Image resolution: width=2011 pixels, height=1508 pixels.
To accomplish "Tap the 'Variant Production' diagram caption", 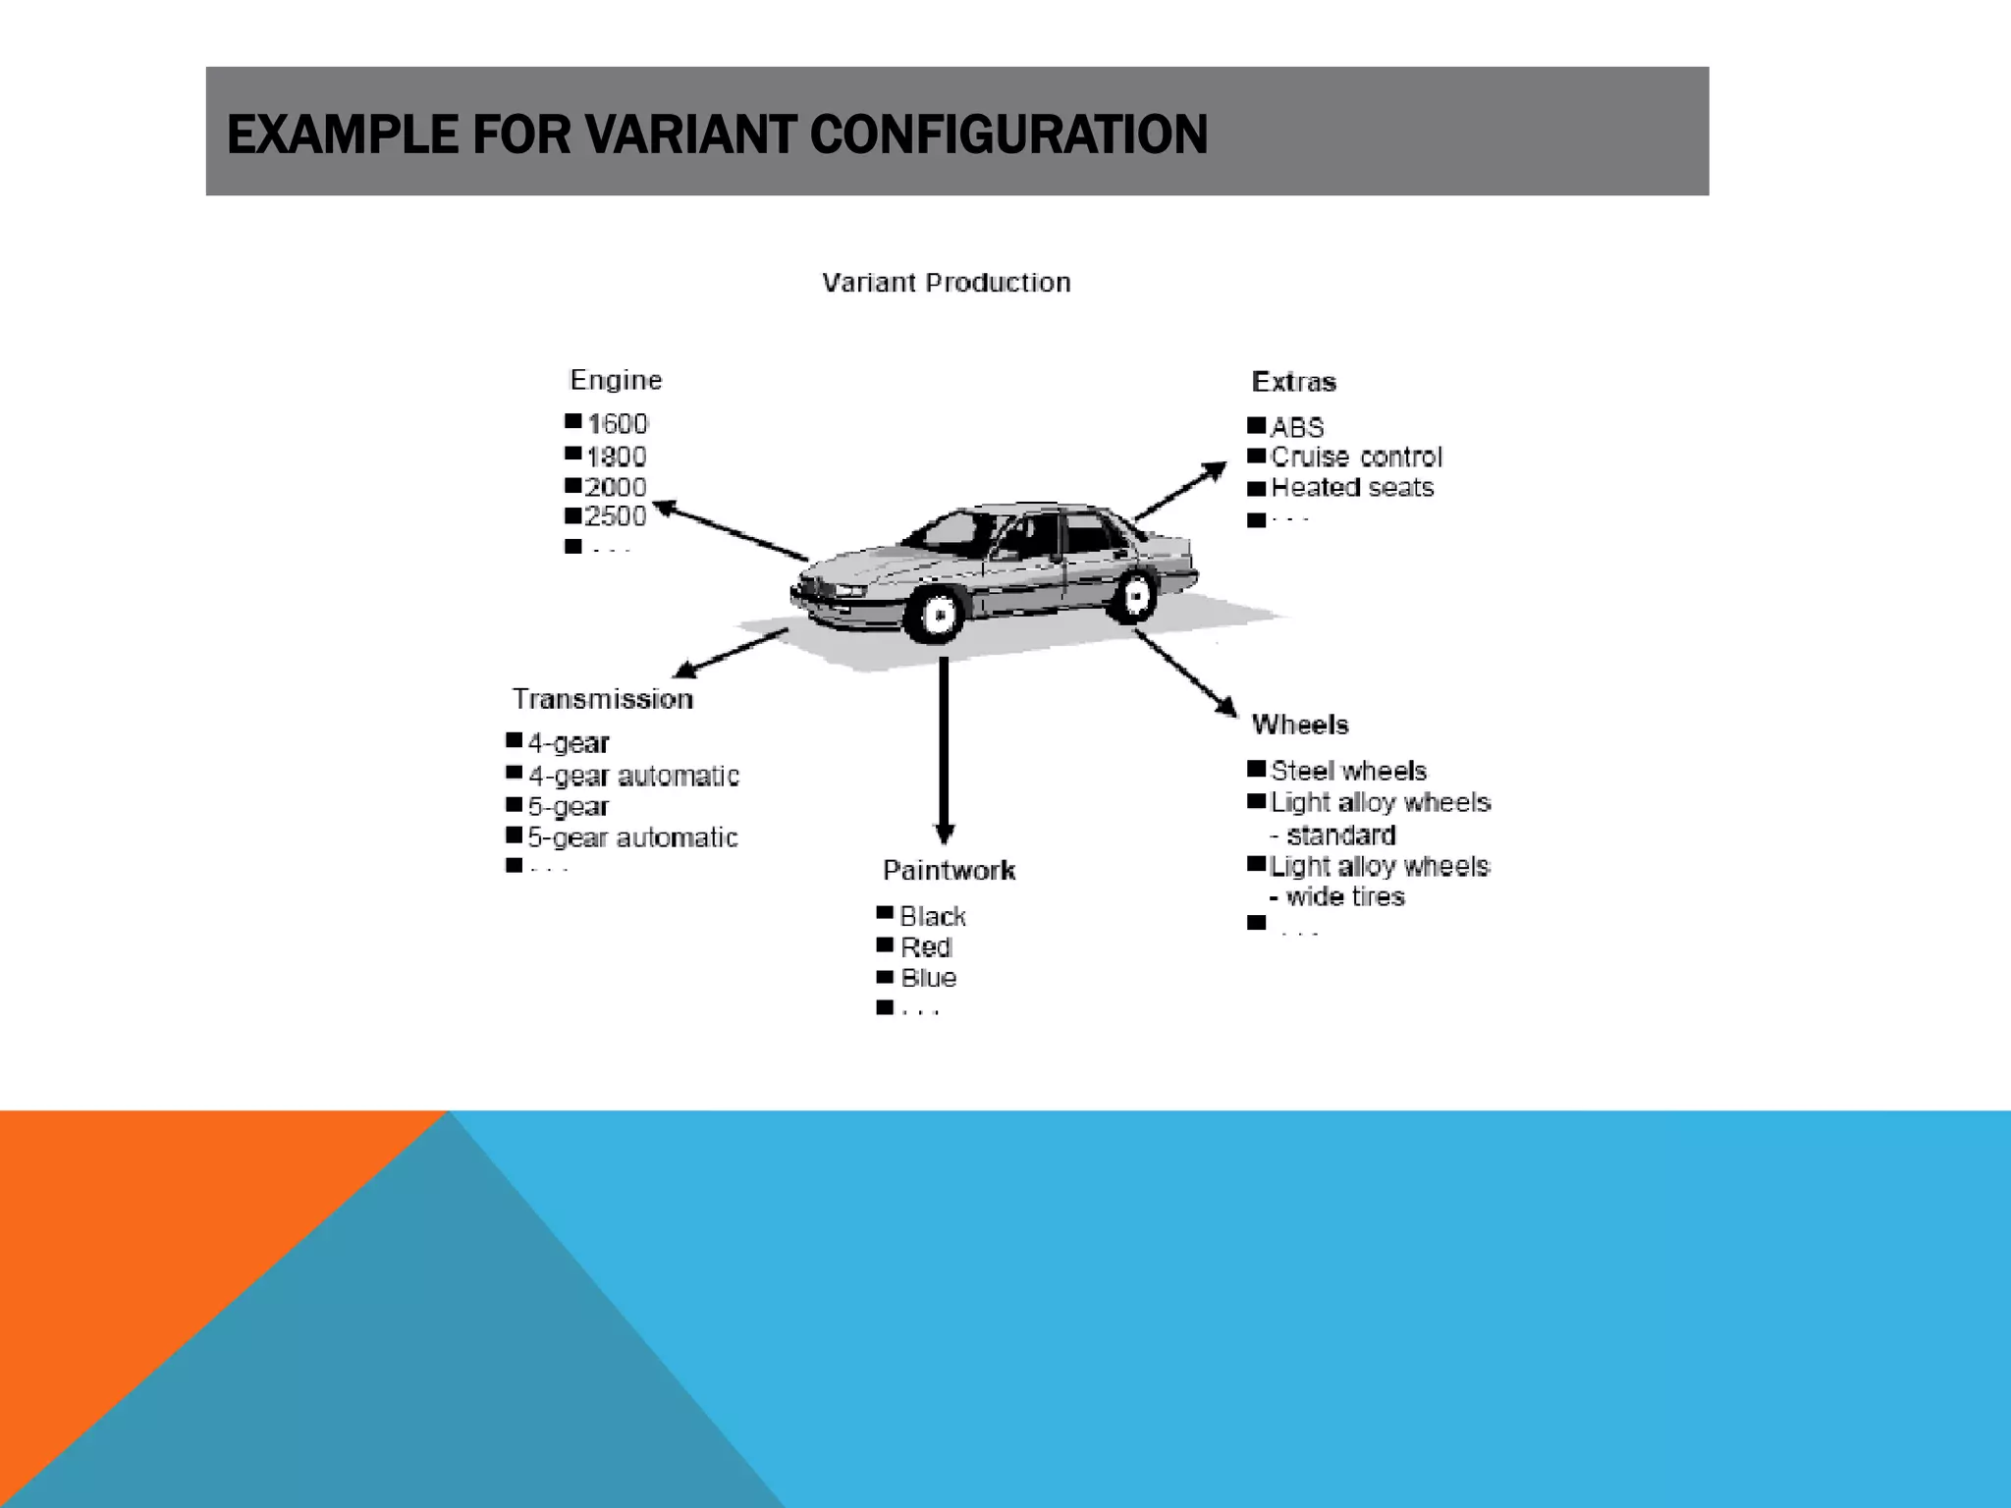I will [946, 283].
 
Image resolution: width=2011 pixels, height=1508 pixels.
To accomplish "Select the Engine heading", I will [616, 380].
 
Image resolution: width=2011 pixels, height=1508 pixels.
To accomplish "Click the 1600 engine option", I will [618, 424].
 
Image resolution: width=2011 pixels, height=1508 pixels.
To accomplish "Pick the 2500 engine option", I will [616, 516].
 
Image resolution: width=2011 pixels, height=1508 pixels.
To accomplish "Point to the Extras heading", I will [1293, 382].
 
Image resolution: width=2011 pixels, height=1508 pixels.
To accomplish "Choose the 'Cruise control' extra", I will [1356, 457].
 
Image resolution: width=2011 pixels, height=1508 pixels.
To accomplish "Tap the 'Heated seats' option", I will [1351, 488].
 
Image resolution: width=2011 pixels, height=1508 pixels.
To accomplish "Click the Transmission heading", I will [602, 699].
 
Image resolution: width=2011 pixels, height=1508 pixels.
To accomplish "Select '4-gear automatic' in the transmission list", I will [633, 776].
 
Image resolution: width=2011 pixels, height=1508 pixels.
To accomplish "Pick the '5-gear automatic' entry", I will [632, 837].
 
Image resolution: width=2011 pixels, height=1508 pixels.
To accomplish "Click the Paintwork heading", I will [949, 870].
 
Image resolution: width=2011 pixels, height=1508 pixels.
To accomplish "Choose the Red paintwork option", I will [926, 947].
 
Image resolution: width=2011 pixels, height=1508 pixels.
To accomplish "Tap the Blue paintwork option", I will [928, 978].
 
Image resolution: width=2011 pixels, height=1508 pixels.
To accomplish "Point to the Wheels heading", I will [1300, 725].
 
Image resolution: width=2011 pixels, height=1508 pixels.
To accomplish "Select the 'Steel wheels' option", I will [1348, 771].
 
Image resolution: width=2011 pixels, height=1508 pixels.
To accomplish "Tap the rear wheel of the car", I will [1134, 595].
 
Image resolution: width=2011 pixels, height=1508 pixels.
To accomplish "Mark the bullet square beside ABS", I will [1256, 426].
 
